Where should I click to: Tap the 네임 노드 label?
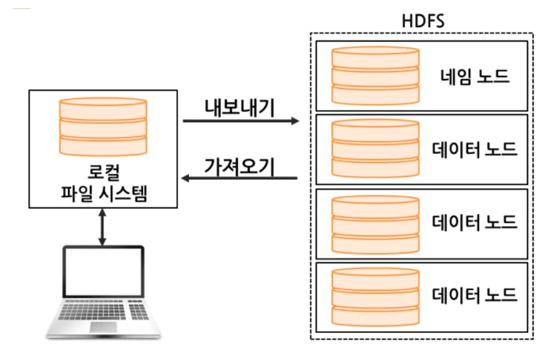[x=475, y=76]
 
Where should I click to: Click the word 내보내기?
[x=239, y=108]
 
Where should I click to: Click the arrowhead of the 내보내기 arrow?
[x=295, y=121]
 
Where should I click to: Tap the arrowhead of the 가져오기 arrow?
[x=187, y=178]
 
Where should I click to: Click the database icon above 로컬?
[x=103, y=128]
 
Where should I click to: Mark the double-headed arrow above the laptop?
[x=103, y=227]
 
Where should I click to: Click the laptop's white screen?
[x=103, y=275]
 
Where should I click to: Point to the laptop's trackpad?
[x=103, y=326]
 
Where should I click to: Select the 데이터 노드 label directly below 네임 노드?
[x=475, y=149]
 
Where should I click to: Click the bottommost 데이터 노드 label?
[x=475, y=295]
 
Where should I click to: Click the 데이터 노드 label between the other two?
[x=475, y=222]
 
